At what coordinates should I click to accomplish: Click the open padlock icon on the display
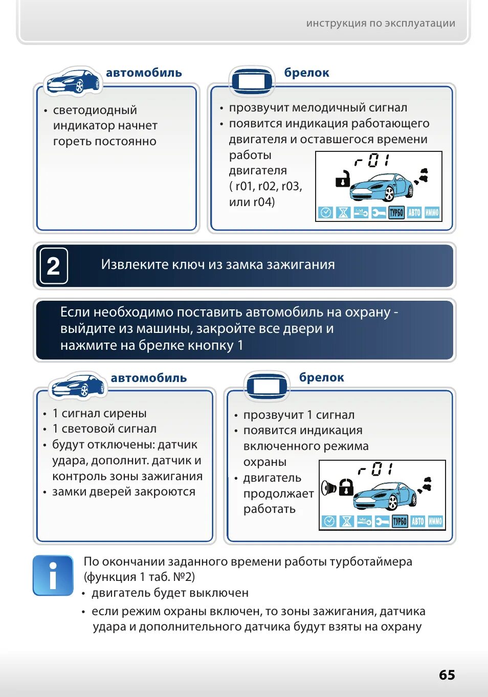[x=342, y=179]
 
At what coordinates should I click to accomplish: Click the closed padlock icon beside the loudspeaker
[x=346, y=487]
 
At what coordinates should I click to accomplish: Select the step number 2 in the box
[x=53, y=266]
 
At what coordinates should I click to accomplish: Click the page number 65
[x=447, y=675]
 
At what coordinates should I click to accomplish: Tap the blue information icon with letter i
[x=53, y=576]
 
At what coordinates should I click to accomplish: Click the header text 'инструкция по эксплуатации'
[x=380, y=23]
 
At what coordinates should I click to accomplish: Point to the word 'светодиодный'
[x=95, y=110]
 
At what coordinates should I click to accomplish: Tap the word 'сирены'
[x=128, y=413]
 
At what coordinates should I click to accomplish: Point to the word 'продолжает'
[x=278, y=494]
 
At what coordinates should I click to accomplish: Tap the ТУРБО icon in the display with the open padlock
[x=396, y=212]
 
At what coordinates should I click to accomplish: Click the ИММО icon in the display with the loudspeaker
[x=435, y=521]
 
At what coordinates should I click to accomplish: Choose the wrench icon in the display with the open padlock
[x=379, y=212]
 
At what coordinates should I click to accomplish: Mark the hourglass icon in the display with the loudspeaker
[x=347, y=521]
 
